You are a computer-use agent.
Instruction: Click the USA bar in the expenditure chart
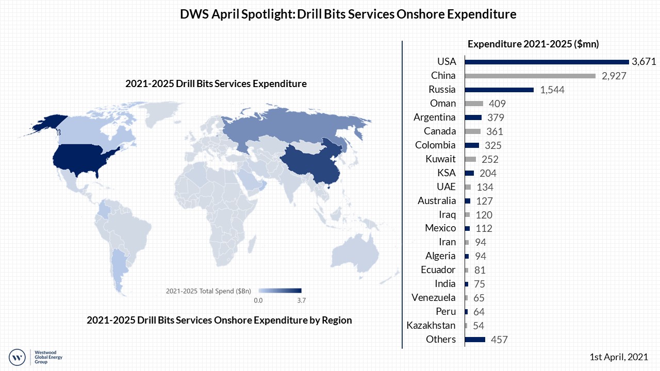[x=547, y=62]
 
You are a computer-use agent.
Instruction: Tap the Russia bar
[x=499, y=90]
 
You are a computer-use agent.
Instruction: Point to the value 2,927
[x=613, y=76]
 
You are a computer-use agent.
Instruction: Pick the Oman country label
[x=443, y=103]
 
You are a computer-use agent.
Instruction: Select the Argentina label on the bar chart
[x=435, y=117]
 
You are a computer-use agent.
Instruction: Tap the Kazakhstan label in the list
[x=431, y=325]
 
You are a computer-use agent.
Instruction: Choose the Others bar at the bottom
[x=475, y=340]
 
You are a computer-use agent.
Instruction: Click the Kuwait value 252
[x=490, y=159]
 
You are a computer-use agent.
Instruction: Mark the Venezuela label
[x=433, y=297]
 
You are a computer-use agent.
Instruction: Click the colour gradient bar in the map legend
[x=279, y=290]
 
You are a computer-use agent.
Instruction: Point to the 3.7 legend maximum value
[x=302, y=300]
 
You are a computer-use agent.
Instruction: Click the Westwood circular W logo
[x=18, y=356]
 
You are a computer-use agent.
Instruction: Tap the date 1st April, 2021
[x=619, y=357]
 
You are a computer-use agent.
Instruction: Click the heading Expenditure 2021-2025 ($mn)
[x=533, y=44]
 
